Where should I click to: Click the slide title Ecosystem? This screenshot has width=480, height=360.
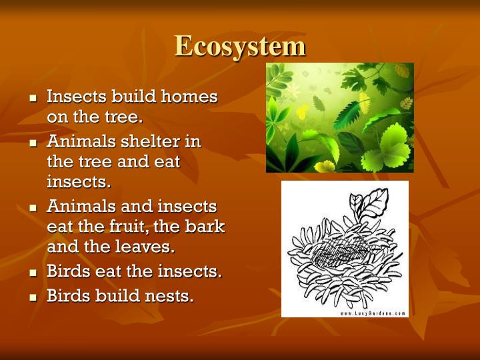[x=240, y=47]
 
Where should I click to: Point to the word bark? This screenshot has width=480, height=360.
[x=207, y=227]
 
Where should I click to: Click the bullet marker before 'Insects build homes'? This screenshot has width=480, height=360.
[x=33, y=98]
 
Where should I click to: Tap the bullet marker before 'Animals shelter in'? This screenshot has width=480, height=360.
[x=33, y=143]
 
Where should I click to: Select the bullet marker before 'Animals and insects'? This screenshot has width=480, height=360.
[x=33, y=207]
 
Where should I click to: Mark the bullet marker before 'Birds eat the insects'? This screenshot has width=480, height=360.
[x=33, y=273]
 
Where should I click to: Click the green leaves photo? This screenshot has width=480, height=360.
[x=340, y=117]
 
